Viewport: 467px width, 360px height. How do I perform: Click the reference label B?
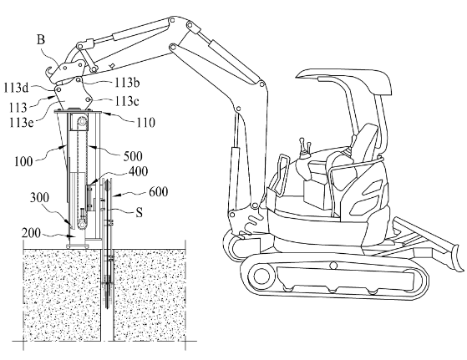pyautogui.click(x=41, y=39)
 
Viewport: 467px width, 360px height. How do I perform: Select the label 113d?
pyautogui.click(x=16, y=88)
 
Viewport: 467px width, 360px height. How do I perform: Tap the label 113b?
pyautogui.click(x=127, y=83)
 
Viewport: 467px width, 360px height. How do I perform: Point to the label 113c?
pyautogui.click(x=127, y=102)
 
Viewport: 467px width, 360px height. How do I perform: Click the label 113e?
pyautogui.click(x=21, y=122)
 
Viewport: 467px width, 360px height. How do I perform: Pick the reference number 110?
pyautogui.click(x=145, y=123)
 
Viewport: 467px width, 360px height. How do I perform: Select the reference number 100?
pyautogui.click(x=23, y=161)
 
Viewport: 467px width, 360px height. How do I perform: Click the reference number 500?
pyautogui.click(x=133, y=156)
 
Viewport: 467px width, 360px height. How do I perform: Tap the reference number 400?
pyautogui.click(x=138, y=171)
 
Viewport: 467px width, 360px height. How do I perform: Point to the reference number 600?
pyautogui.click(x=158, y=191)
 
